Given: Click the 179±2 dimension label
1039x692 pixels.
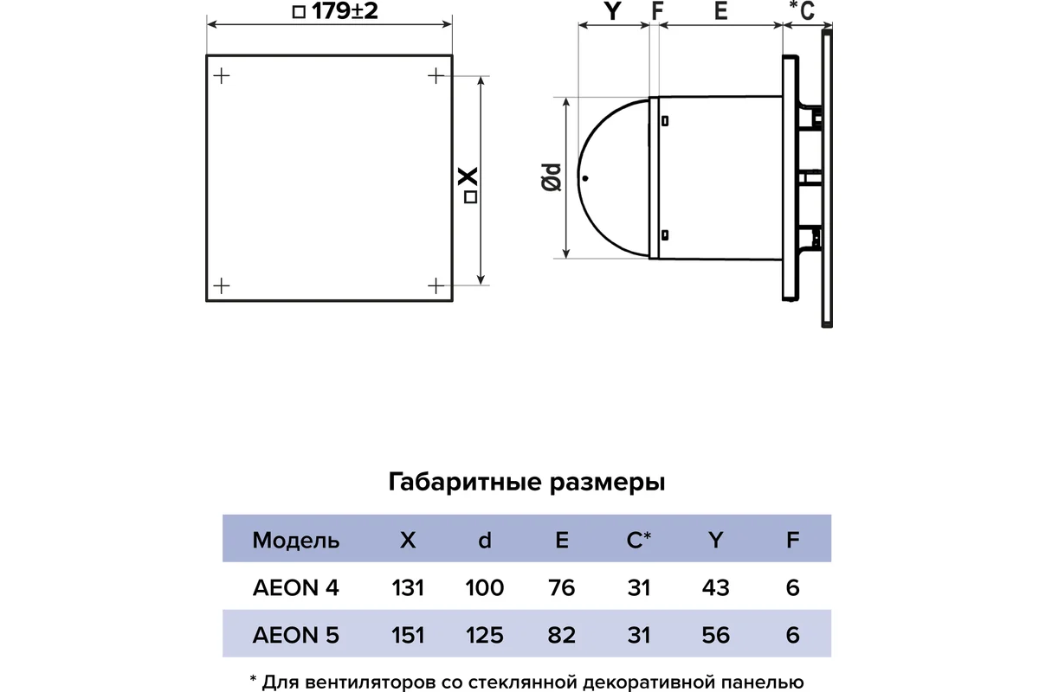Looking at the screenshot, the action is [335, 11].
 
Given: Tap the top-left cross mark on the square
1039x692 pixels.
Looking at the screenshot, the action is [222, 76].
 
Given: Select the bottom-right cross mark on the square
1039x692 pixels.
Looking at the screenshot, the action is [436, 286].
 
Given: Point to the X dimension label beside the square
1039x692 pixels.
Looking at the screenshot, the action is [468, 185].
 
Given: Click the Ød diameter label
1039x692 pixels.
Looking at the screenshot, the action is [552, 177].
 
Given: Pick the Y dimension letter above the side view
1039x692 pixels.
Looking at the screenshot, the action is [613, 11].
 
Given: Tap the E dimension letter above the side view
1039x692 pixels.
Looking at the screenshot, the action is [720, 11].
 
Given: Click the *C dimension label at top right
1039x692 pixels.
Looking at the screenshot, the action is [802, 10].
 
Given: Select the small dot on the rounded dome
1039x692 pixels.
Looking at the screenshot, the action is [585, 178].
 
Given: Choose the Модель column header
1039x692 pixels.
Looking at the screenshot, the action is [296, 541].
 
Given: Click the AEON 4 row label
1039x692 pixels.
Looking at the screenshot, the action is [296, 587].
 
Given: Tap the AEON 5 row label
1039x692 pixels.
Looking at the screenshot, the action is [296, 635].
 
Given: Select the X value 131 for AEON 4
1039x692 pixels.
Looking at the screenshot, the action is [408, 587].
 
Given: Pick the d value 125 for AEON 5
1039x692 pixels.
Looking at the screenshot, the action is [485, 635].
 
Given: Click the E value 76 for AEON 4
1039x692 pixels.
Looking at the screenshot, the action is [562, 587].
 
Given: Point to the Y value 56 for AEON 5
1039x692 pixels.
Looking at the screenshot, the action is [716, 635].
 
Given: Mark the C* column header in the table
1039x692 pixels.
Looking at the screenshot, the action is [639, 540].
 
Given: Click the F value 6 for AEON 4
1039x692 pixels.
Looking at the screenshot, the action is [793, 587].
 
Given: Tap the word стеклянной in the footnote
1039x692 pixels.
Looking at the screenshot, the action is [523, 682].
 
